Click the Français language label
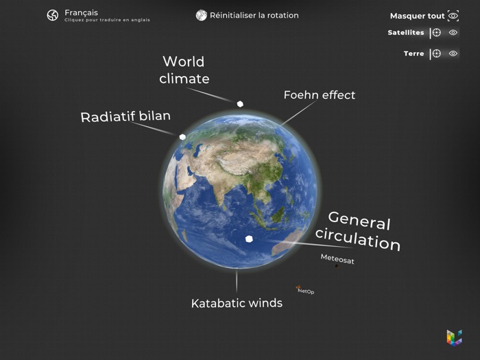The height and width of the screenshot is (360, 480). tap(81, 12)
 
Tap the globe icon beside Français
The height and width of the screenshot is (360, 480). tap(53, 15)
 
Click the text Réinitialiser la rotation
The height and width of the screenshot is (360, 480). tap(254, 15)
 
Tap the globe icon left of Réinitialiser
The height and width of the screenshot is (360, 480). tap(201, 15)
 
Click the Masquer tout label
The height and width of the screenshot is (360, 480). tap(417, 16)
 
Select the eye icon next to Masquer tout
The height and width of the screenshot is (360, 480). tap(453, 16)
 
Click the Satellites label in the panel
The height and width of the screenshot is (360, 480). tap(406, 32)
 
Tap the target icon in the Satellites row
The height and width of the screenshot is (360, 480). tap(436, 32)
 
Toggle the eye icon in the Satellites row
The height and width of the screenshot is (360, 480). tap(453, 32)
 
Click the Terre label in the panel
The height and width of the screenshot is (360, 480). tap(413, 53)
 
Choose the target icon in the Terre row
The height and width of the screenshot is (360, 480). tap(436, 53)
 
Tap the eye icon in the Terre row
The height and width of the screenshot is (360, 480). tap(453, 53)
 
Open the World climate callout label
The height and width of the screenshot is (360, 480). tap(184, 70)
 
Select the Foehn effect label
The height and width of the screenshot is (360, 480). tap(320, 95)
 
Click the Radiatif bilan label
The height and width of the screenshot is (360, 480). tap(125, 117)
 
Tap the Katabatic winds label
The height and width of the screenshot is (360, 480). tap(237, 302)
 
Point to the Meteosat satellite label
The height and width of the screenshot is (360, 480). tap(337, 260)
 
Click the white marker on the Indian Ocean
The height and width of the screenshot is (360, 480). tap(249, 239)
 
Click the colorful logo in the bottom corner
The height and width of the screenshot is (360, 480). tap(454, 337)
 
